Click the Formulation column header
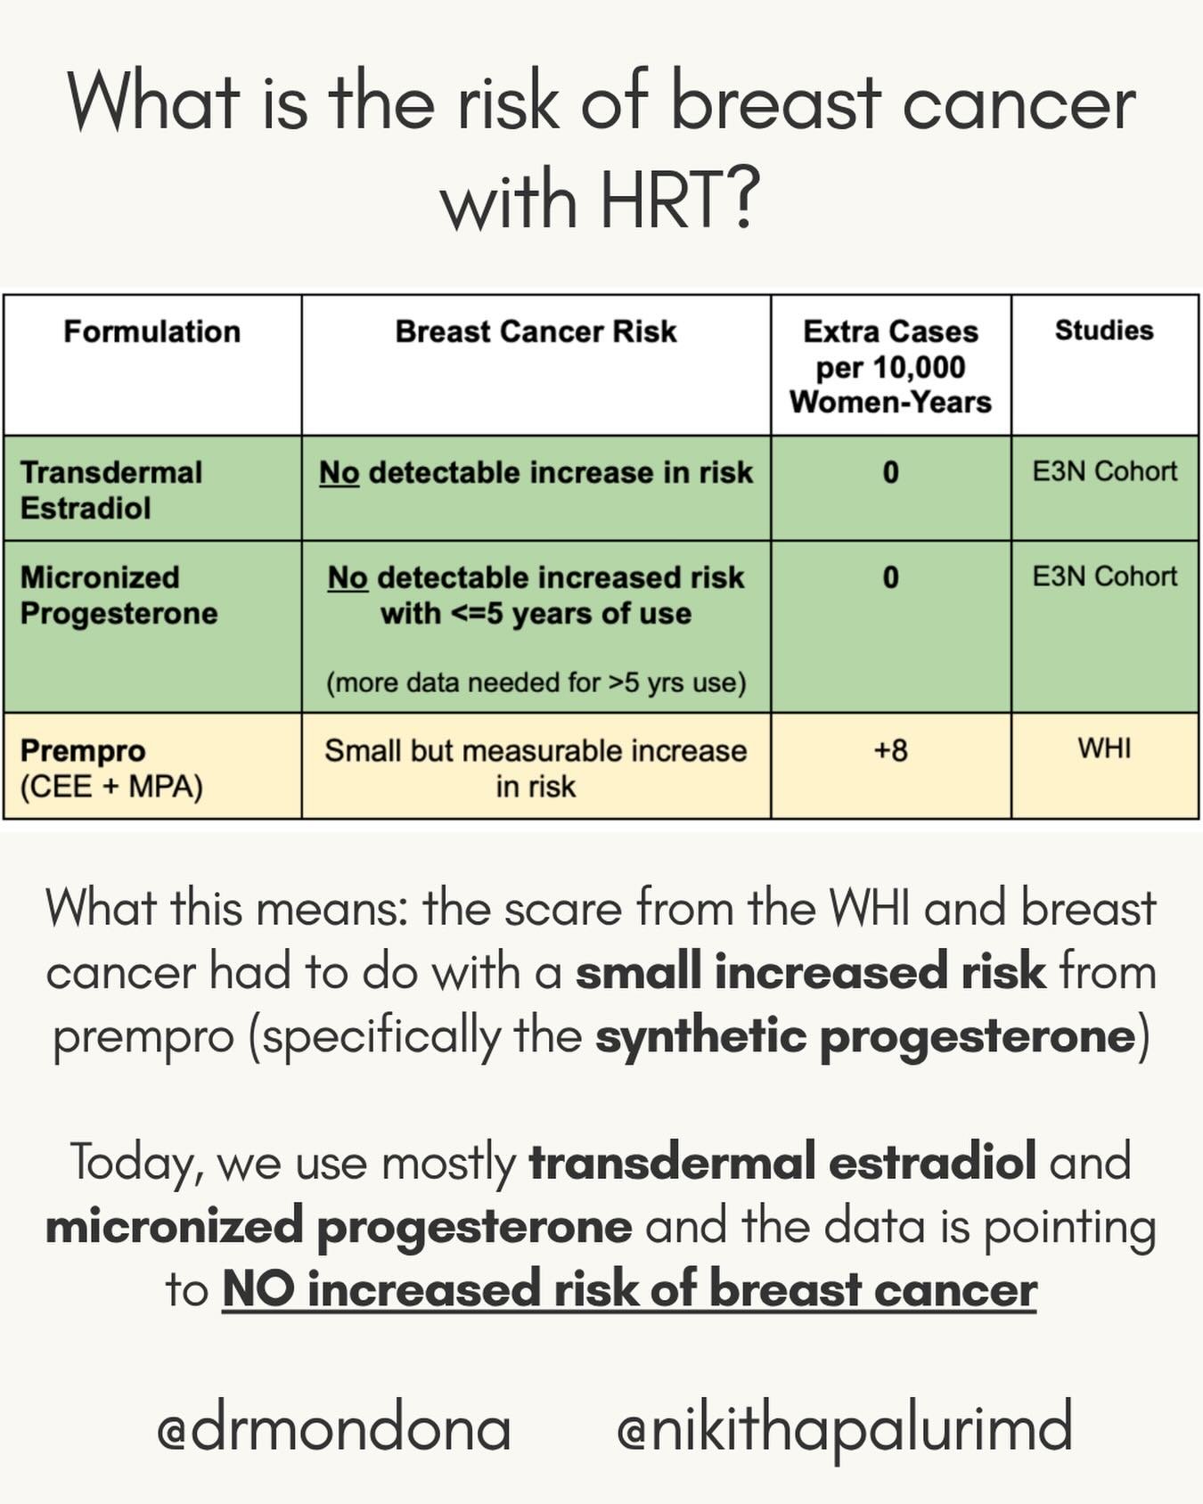tap(151, 331)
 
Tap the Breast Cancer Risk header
tap(536, 331)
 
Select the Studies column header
tap(1104, 331)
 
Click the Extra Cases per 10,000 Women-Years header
tap(890, 366)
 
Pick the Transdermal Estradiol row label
tap(111, 489)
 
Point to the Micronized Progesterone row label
tap(119, 594)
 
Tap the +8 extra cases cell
tap(890, 750)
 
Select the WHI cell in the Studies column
tap(1104, 748)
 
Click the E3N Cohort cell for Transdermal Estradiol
tap(1104, 471)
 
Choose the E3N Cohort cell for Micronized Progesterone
tap(1104, 576)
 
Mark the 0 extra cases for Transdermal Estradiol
tap(890, 472)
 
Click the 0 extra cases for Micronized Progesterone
tap(890, 577)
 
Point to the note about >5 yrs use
tap(536, 683)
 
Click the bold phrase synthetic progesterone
tap(865, 1035)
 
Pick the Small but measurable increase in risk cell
tap(536, 768)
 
